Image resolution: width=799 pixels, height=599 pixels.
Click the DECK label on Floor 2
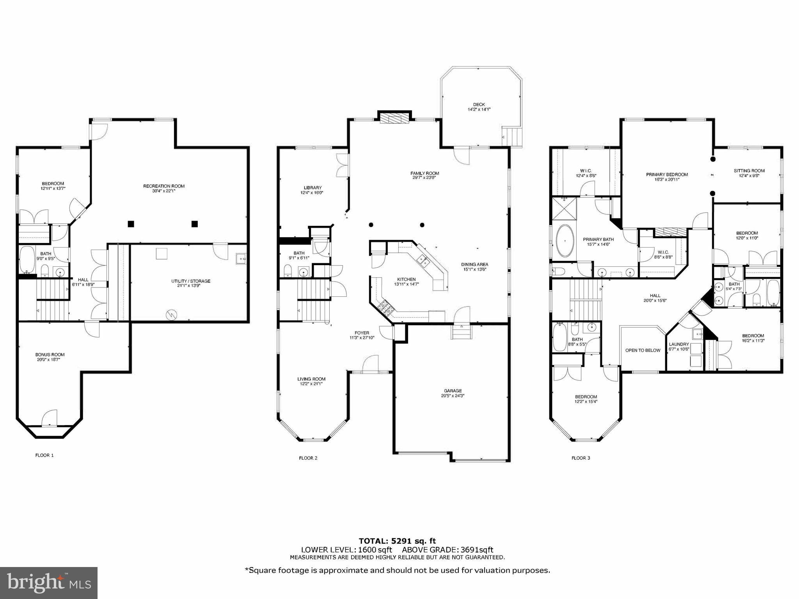[x=479, y=105]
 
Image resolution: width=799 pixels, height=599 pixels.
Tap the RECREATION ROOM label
[x=163, y=186]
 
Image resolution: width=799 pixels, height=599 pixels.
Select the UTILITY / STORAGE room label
[x=191, y=281]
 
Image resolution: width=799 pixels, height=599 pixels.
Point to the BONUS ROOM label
[x=50, y=354]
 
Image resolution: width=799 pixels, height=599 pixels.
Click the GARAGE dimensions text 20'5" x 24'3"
[x=453, y=396]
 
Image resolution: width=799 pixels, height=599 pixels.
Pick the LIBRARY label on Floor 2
[x=312, y=188]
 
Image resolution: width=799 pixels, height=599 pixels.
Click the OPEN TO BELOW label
[x=643, y=350]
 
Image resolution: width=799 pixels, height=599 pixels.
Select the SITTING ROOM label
[x=749, y=170]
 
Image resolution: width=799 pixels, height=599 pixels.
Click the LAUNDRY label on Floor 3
[x=679, y=344]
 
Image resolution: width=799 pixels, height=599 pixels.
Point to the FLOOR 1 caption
[x=44, y=455]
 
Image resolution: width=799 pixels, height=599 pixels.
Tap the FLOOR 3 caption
[x=581, y=458]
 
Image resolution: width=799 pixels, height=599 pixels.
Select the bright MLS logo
[x=49, y=583]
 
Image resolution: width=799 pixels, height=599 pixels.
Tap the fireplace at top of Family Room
[x=394, y=118]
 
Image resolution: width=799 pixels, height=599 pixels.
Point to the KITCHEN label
[x=406, y=279]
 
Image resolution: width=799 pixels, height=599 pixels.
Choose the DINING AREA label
[x=474, y=264]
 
